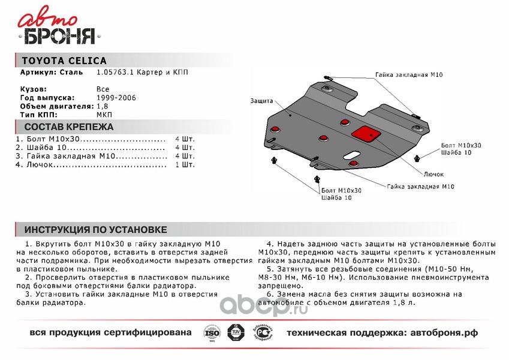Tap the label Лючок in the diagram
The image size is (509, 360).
tap(433, 174)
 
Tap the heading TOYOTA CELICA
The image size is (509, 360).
tap(64, 61)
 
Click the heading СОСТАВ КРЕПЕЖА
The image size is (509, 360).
tap(68, 127)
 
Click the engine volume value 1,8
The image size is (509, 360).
tap(102, 106)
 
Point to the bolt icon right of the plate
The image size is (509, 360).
tap(417, 157)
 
